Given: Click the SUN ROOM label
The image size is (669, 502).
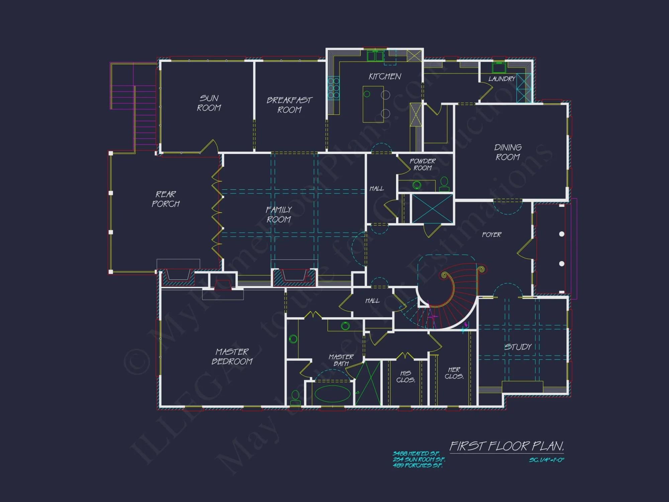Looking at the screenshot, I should point(209,103).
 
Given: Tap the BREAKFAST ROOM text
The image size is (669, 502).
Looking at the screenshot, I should point(289,105).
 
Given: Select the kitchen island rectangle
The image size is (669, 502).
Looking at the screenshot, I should point(373,104).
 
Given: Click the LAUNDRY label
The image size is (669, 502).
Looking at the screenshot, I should point(502,79).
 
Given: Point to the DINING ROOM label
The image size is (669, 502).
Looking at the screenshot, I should point(508,152).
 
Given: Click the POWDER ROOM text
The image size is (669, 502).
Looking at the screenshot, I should point(422,164).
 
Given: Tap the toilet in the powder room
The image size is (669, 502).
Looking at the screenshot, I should point(444,183).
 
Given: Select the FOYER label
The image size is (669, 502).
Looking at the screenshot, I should point(491,235).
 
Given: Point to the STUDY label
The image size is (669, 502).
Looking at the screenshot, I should point(518,347).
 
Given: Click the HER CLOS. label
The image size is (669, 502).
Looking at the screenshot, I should point(454,373).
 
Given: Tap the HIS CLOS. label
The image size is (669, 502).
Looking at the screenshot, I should point(405,376).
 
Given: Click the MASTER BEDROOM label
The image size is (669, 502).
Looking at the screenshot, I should point(232,356).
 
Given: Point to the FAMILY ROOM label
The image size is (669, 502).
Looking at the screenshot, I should point(279,215).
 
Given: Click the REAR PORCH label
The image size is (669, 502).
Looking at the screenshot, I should point(166,199).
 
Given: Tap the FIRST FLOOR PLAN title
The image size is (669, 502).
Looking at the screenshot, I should point(506,446).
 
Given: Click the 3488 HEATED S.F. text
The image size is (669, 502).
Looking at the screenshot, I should point(416,453).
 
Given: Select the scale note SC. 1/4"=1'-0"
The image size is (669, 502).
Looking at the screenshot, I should point(546,460).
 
